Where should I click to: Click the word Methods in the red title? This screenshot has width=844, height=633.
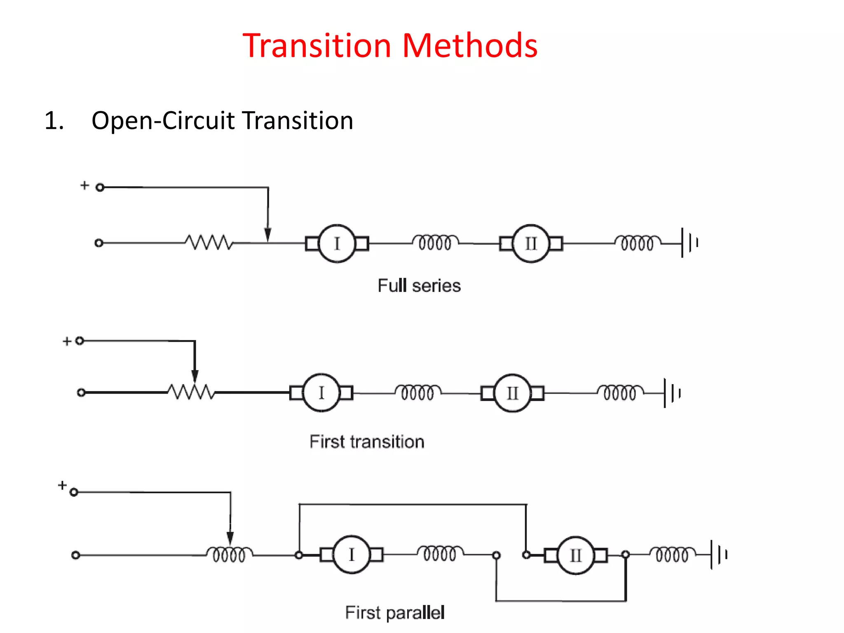[469, 45]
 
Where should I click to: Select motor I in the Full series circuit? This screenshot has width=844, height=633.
[337, 244]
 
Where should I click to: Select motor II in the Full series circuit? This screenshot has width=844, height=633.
[531, 244]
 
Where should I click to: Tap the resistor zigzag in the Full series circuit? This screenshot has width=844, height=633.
[209, 243]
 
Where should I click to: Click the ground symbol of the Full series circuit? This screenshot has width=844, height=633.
[689, 243]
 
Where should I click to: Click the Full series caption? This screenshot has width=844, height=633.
[419, 286]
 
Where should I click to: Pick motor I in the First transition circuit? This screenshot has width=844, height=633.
[321, 393]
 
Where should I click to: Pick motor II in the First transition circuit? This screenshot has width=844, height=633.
[512, 393]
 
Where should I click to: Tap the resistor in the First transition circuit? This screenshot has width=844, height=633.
[191, 392]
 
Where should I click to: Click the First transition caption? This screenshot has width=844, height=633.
[367, 442]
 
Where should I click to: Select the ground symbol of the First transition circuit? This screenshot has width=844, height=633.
[672, 393]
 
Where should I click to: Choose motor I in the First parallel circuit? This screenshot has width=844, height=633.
[352, 555]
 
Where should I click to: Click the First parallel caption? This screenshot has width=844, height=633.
[394, 613]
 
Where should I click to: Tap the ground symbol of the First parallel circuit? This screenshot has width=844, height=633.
[719, 555]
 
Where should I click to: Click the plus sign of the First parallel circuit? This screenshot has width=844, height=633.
[62, 485]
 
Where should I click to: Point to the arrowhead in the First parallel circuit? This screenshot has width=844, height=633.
[230, 537]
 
